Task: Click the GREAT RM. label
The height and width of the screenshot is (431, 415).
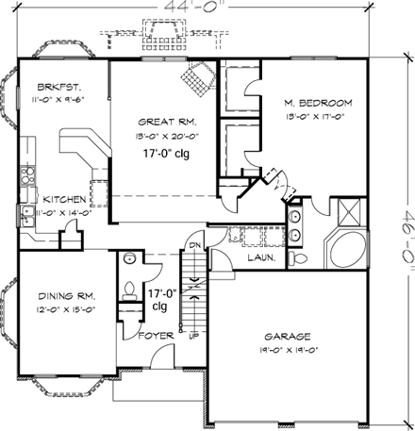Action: [166, 122]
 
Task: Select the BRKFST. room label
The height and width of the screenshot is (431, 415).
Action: [46, 82]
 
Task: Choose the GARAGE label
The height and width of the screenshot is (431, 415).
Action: [290, 336]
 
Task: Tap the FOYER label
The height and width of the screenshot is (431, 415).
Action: [154, 335]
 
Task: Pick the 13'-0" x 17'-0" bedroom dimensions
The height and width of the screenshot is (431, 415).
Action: [318, 117]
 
